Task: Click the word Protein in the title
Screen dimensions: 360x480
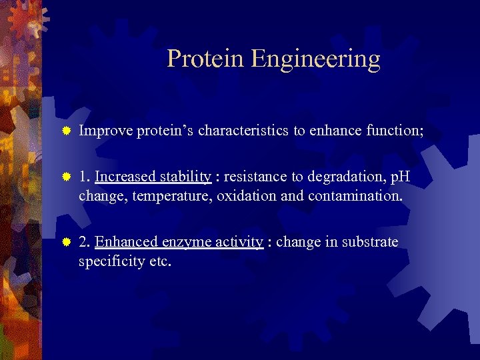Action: (206, 59)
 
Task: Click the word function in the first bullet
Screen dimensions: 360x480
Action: (394, 131)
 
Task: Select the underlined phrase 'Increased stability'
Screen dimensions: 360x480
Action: (153, 177)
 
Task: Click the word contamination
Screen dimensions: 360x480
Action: (345, 196)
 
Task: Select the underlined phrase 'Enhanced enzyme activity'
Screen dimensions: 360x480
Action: (179, 242)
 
